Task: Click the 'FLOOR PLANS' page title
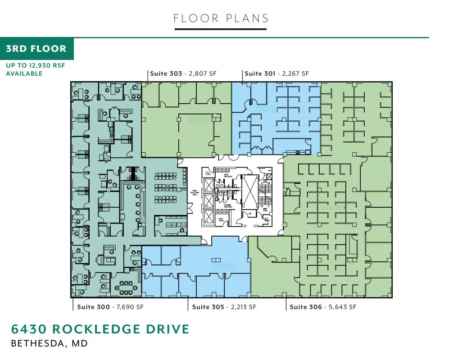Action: coord(221,18)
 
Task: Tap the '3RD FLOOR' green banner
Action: coord(36,49)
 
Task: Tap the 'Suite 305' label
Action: coord(207,307)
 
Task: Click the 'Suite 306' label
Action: coord(306,307)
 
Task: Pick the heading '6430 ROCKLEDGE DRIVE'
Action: coord(100,329)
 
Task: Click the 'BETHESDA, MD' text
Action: coord(49,344)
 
